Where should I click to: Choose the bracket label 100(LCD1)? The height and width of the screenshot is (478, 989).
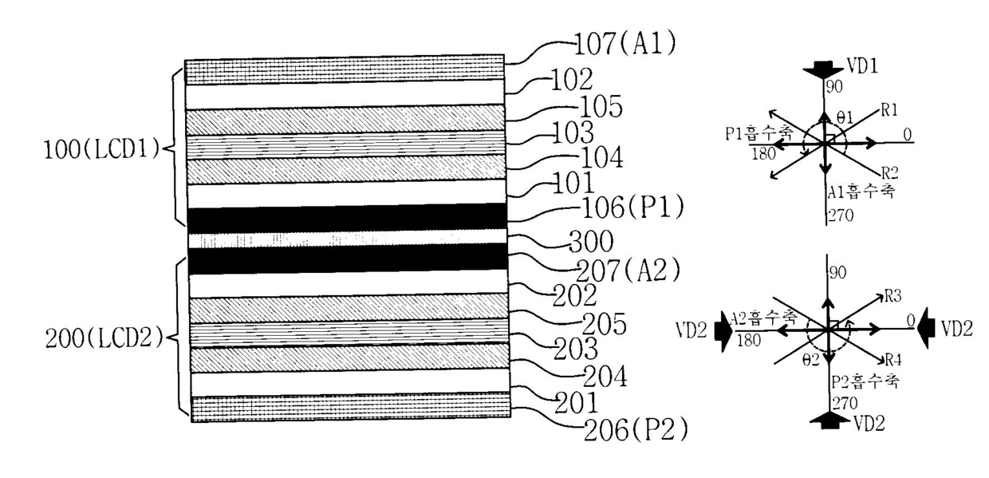click(108, 148)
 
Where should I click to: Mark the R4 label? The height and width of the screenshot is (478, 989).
click(892, 358)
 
